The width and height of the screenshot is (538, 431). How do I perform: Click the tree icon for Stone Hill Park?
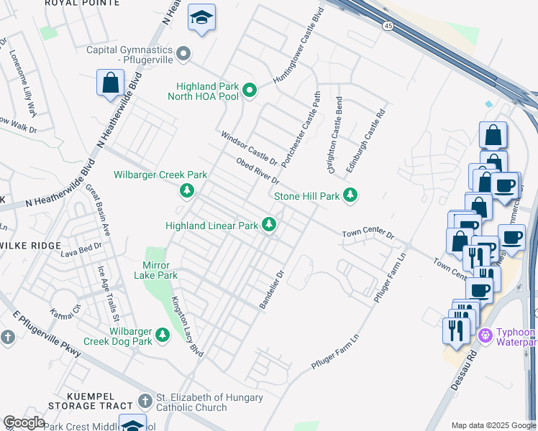350,195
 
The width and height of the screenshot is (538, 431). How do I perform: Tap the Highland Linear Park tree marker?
270,226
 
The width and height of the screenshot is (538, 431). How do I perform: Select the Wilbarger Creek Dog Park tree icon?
163,335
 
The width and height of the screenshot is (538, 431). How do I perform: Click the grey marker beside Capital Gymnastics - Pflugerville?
184,54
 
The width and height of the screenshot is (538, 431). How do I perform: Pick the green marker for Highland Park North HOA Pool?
250,90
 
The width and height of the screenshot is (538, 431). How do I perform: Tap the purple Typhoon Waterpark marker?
485,333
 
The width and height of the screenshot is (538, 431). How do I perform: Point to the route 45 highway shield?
388,25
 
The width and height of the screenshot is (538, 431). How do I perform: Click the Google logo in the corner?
24,422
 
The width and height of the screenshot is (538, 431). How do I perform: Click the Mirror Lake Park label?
155,269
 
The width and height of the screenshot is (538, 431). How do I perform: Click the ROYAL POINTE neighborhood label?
82,4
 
